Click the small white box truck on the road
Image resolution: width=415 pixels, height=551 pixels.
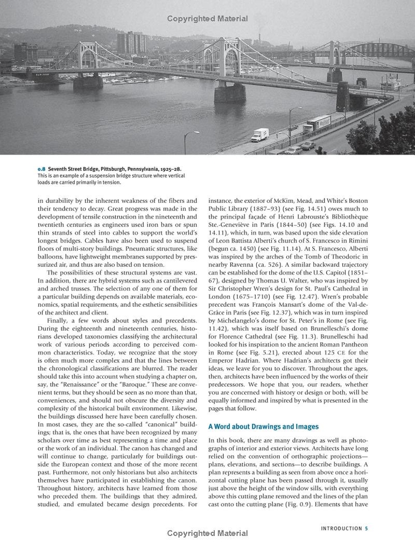click(x=260, y=135)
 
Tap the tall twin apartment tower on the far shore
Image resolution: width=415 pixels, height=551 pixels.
click(x=131, y=43)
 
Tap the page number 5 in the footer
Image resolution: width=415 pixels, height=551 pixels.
click(x=367, y=528)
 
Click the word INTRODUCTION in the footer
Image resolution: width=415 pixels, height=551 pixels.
click(x=341, y=528)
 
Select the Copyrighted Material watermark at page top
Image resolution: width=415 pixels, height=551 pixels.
click(x=207, y=19)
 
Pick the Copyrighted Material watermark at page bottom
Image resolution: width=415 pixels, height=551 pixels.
click(x=207, y=533)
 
